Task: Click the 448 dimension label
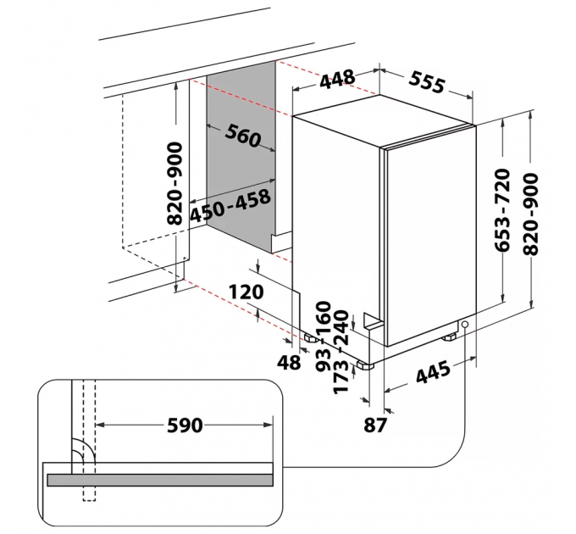point(337,80)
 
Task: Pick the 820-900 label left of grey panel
point(175,182)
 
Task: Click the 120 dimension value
point(247,292)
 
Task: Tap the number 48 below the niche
point(290,363)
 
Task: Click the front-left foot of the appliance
point(365,365)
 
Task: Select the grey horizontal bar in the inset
point(161,480)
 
